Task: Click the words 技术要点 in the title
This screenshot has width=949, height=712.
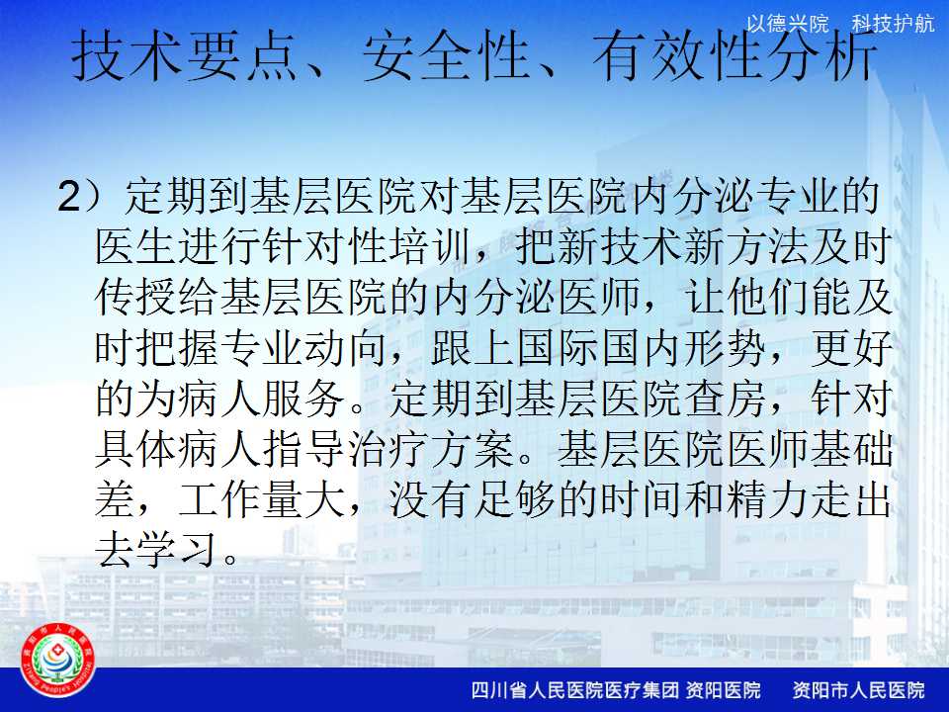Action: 185,56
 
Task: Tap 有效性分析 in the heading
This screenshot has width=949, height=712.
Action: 734,56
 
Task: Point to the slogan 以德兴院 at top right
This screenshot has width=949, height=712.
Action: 788,24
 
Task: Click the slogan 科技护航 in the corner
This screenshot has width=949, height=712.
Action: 894,24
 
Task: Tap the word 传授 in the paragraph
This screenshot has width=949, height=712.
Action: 136,298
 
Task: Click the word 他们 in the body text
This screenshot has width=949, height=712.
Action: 769,298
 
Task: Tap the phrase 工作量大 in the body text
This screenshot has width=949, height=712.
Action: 263,500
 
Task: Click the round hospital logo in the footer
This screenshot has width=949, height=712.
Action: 57,661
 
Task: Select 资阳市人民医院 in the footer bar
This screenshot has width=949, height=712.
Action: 859,689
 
